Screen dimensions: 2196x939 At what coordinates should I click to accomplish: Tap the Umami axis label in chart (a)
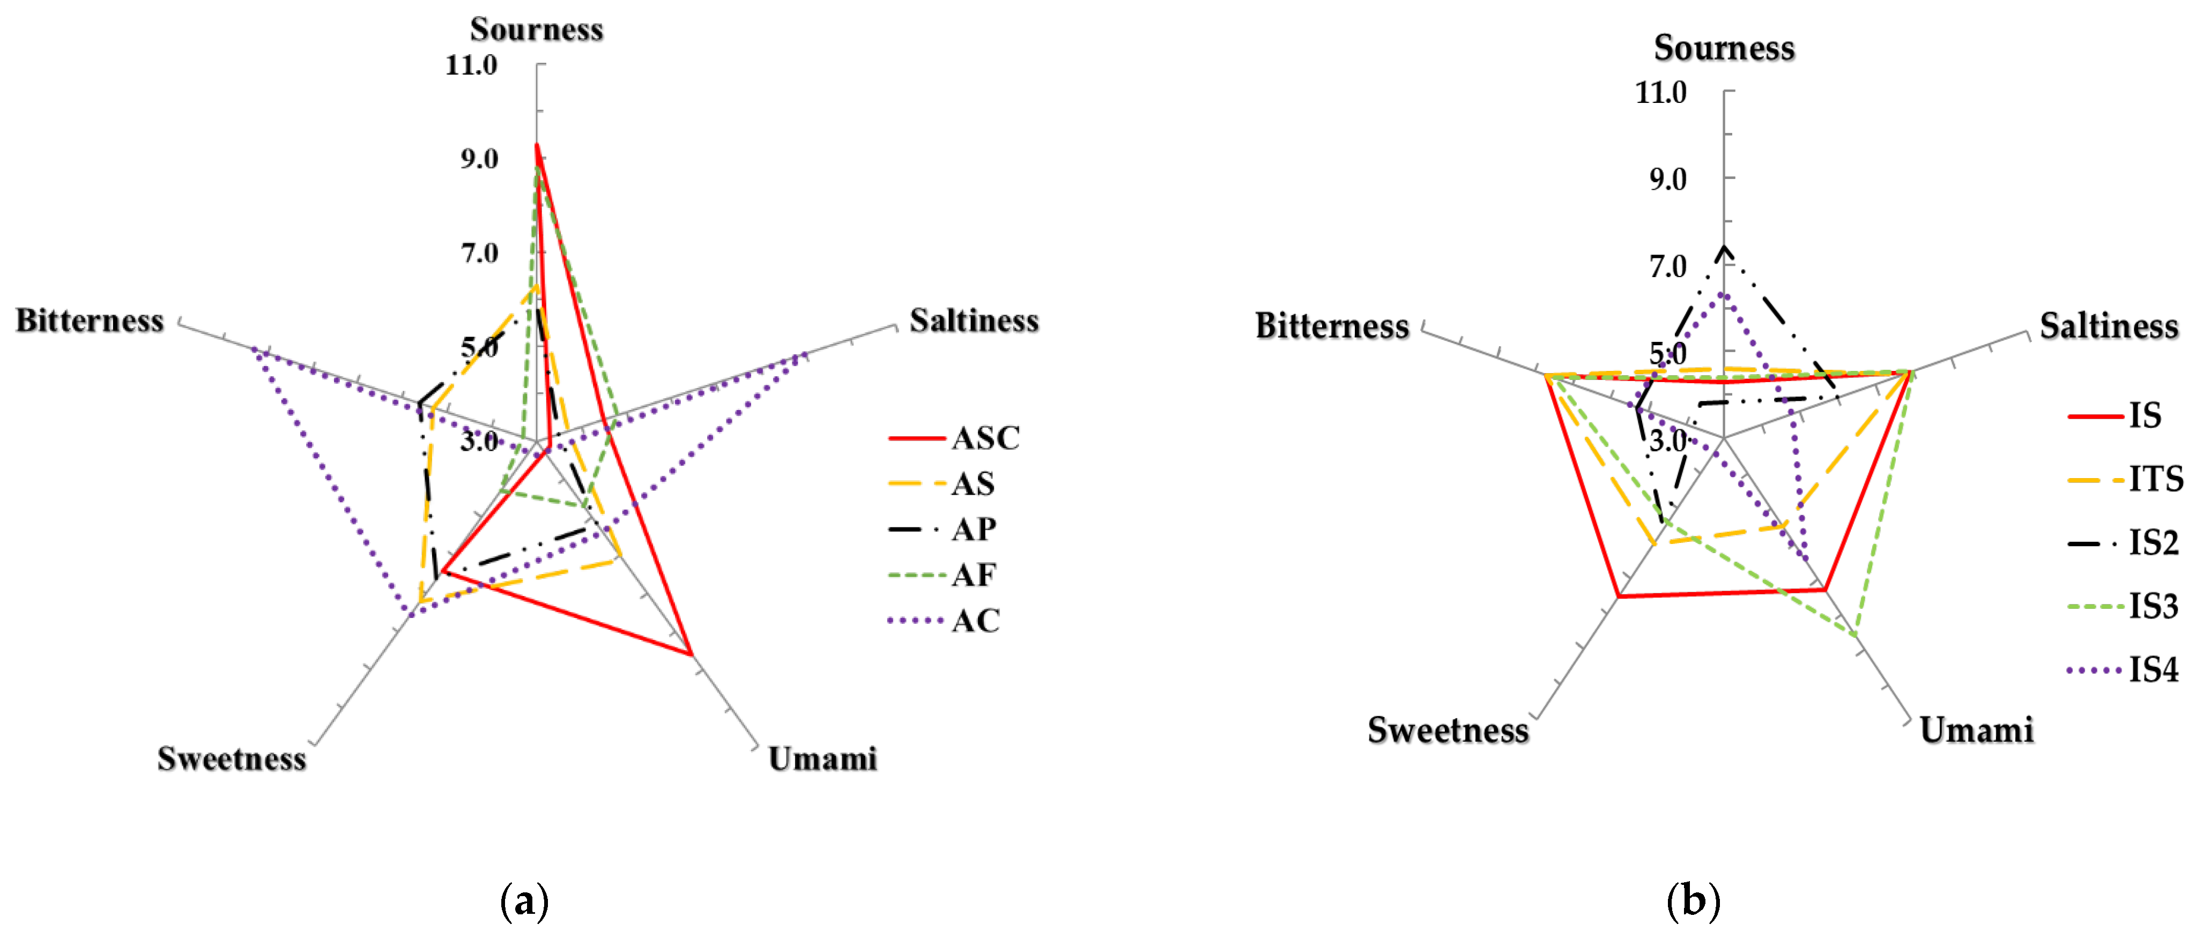point(822,758)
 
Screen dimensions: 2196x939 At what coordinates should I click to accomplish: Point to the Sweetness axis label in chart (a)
point(231,758)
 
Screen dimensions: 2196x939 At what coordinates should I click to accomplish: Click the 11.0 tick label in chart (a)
point(471,65)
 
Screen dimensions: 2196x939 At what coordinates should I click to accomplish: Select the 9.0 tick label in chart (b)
point(1667,179)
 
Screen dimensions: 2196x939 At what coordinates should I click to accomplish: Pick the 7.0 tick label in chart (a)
point(479,253)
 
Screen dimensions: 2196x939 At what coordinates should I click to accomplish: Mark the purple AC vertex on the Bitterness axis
point(253,348)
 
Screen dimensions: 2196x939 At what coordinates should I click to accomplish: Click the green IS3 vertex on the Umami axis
point(1856,635)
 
